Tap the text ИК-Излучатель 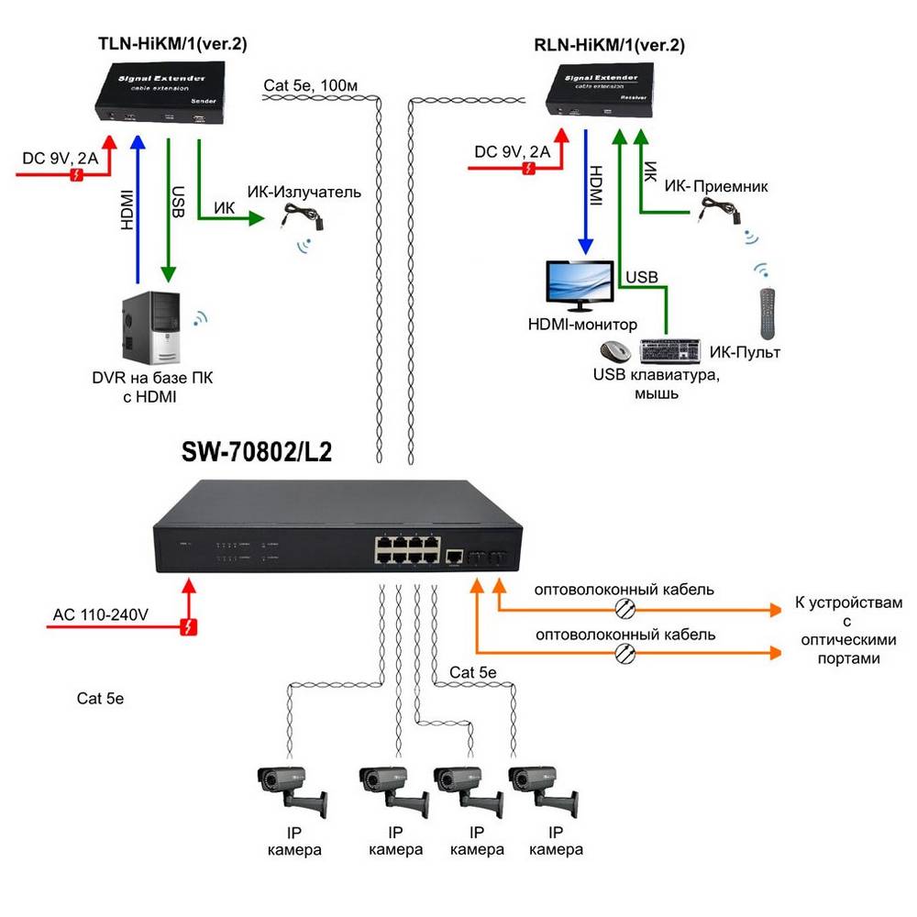pos(304,193)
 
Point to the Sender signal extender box pos(163,94)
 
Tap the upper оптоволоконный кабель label pos(624,589)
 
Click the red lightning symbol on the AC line pos(190,628)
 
